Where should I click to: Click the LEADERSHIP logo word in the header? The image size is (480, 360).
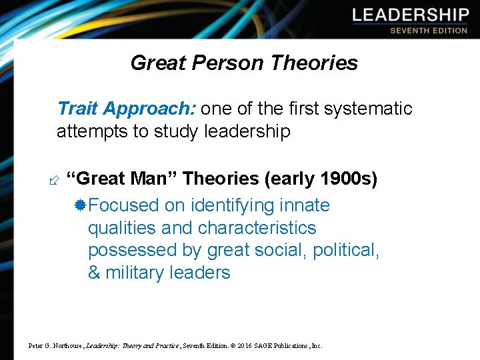pyautogui.click(x=411, y=15)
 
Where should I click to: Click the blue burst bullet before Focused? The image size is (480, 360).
pyautogui.click(x=81, y=205)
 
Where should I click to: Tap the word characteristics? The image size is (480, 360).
pyautogui.click(x=257, y=227)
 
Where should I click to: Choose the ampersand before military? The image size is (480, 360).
pyautogui.click(x=94, y=273)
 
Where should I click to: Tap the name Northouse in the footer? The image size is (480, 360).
pyautogui.click(x=65, y=346)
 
